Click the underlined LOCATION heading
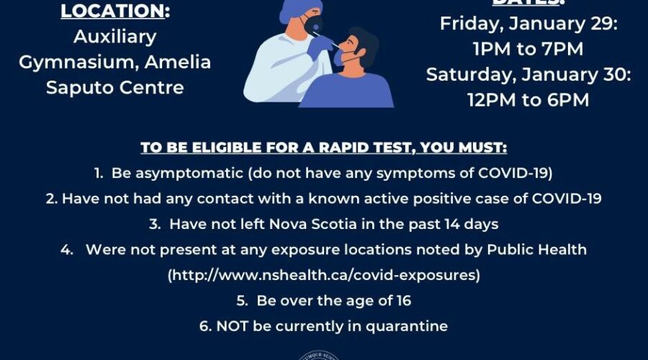point(114,12)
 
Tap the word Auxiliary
point(114,36)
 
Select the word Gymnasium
point(68,62)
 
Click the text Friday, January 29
point(529,23)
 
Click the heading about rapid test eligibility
point(323,148)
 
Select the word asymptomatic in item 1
point(171,174)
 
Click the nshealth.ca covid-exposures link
point(323,275)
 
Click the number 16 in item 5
point(402,300)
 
